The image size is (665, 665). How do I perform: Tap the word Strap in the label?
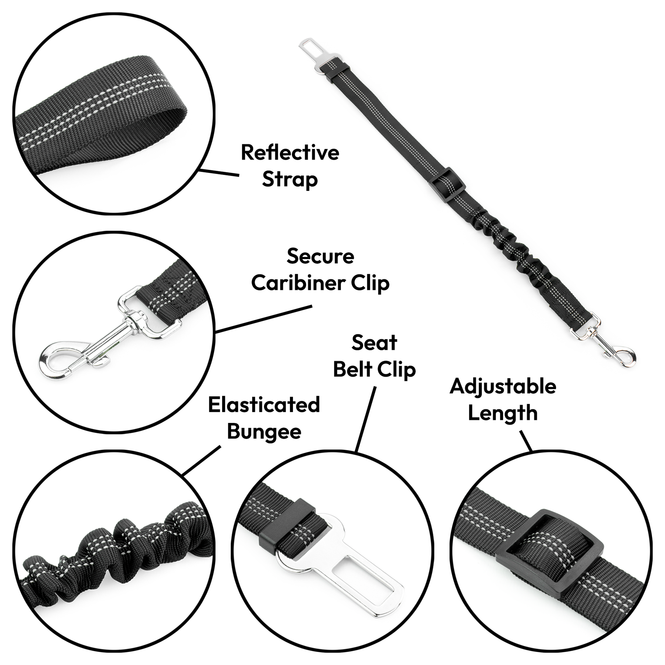(290, 180)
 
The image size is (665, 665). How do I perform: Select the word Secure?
(320, 256)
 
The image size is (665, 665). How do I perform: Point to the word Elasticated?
(264, 405)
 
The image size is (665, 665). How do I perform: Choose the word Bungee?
(264, 432)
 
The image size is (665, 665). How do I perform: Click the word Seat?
(374, 342)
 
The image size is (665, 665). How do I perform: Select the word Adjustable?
(503, 386)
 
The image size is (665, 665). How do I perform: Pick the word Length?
(503, 413)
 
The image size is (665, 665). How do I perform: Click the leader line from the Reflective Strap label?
(219, 173)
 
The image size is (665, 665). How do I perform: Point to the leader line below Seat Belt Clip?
(366, 419)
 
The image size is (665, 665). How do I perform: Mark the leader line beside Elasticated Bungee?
(202, 460)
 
